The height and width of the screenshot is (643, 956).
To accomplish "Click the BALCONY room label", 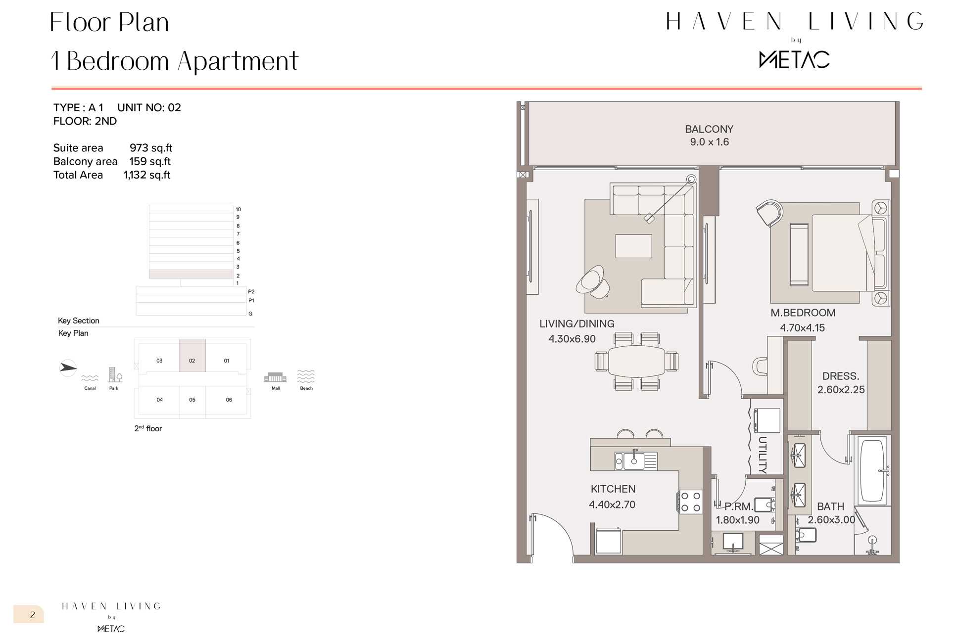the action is click(709, 129).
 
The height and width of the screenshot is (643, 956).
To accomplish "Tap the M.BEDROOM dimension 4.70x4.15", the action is click(802, 328).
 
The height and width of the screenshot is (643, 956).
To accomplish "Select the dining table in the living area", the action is click(637, 362).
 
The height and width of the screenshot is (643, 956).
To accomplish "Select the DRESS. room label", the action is click(841, 376).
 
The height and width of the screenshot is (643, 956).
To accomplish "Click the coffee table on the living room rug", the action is click(633, 246).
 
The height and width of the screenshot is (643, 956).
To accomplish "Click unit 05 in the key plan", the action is click(192, 400).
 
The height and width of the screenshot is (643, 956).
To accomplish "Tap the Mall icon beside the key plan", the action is click(276, 377).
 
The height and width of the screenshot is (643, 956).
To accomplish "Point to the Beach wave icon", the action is click(306, 376).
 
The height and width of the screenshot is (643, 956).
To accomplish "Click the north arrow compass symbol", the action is click(68, 367).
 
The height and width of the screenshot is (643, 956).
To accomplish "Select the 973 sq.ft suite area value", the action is click(151, 148).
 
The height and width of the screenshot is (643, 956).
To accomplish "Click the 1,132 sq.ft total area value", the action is click(147, 175).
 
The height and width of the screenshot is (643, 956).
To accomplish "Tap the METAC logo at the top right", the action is click(794, 59).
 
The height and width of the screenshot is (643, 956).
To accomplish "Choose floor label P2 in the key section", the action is click(251, 292).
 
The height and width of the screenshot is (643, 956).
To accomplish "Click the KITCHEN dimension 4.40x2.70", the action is click(612, 505).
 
